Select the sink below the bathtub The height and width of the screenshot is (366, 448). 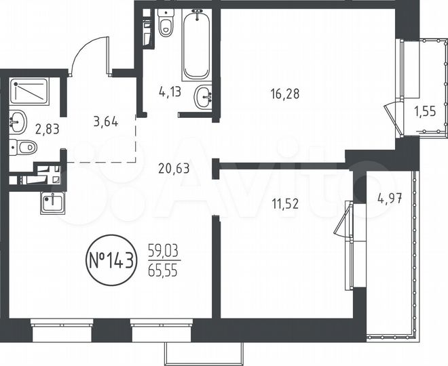pos(203,97)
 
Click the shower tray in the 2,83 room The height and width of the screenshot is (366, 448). pos(30,91)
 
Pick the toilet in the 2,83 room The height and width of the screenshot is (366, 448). pos(24,147)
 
